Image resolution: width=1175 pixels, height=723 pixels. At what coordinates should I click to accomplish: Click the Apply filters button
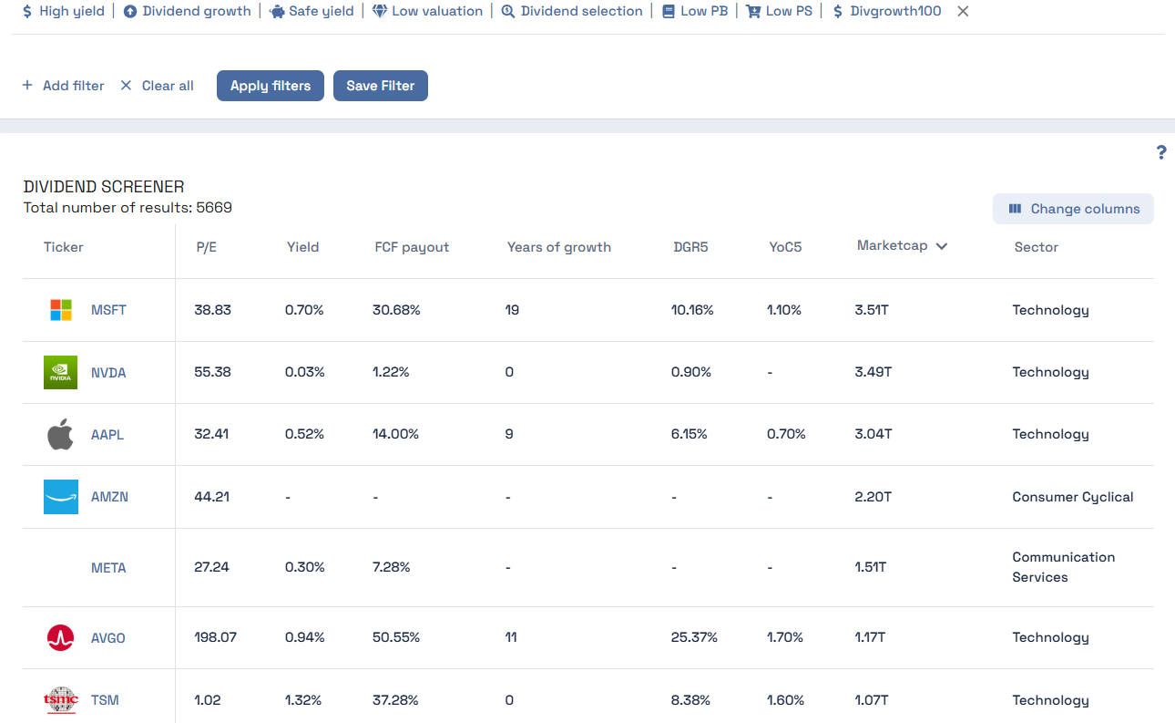tap(270, 86)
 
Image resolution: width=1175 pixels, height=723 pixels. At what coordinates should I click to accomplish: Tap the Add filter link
tap(64, 86)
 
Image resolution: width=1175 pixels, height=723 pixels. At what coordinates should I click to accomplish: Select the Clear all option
tap(157, 86)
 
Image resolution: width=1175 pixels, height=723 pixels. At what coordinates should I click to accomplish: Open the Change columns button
tap(1073, 209)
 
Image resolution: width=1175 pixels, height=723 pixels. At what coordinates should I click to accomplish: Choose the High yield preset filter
tap(63, 11)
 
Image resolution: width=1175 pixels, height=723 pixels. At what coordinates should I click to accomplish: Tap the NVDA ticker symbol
tap(108, 373)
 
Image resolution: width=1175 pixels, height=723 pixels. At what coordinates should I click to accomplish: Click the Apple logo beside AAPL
tap(60, 435)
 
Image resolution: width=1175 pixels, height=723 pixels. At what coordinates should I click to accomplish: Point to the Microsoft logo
tap(60, 310)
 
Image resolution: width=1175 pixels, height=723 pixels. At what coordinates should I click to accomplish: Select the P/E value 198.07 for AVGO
tap(215, 637)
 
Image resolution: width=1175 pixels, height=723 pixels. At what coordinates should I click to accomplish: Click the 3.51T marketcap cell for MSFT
tap(872, 310)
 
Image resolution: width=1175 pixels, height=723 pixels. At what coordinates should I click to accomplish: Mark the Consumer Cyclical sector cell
tap(1072, 497)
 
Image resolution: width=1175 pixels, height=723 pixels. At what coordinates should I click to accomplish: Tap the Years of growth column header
tap(558, 247)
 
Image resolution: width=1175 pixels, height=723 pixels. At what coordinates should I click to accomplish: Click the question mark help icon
tap(1161, 152)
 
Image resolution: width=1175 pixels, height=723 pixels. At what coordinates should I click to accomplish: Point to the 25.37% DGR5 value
tap(694, 637)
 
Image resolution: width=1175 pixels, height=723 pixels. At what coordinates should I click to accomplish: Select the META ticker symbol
tap(108, 568)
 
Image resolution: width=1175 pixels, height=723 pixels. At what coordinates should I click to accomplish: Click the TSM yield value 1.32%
tap(302, 700)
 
